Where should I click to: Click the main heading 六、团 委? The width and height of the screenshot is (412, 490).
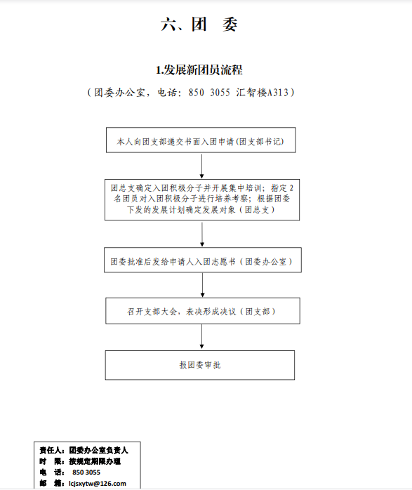(x=199, y=25)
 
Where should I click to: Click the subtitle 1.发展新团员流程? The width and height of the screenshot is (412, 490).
(x=199, y=70)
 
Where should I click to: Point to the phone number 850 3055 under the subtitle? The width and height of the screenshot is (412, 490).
(x=209, y=93)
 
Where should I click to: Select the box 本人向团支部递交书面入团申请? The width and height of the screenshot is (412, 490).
(x=201, y=140)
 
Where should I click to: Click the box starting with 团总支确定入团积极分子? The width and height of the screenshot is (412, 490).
(x=202, y=199)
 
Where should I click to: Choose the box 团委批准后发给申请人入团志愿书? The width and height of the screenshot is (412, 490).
(x=203, y=260)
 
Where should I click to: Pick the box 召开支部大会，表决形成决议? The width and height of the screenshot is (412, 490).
(x=203, y=310)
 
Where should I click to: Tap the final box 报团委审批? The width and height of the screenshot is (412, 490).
(x=200, y=365)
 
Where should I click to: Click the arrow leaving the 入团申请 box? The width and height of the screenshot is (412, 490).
(x=201, y=166)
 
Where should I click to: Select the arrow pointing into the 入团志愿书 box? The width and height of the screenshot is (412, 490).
(x=202, y=234)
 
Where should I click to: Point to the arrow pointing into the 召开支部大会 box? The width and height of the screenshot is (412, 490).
(x=202, y=285)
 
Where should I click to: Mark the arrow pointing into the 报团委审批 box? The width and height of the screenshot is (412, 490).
(x=201, y=337)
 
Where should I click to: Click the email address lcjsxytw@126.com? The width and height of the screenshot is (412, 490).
(x=98, y=484)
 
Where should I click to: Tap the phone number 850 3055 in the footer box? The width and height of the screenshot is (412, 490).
(x=86, y=472)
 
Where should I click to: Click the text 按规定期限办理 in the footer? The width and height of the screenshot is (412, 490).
(x=95, y=461)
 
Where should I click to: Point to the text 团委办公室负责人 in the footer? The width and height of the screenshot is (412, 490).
(x=98, y=450)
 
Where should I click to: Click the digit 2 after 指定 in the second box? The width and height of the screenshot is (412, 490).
(x=291, y=188)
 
